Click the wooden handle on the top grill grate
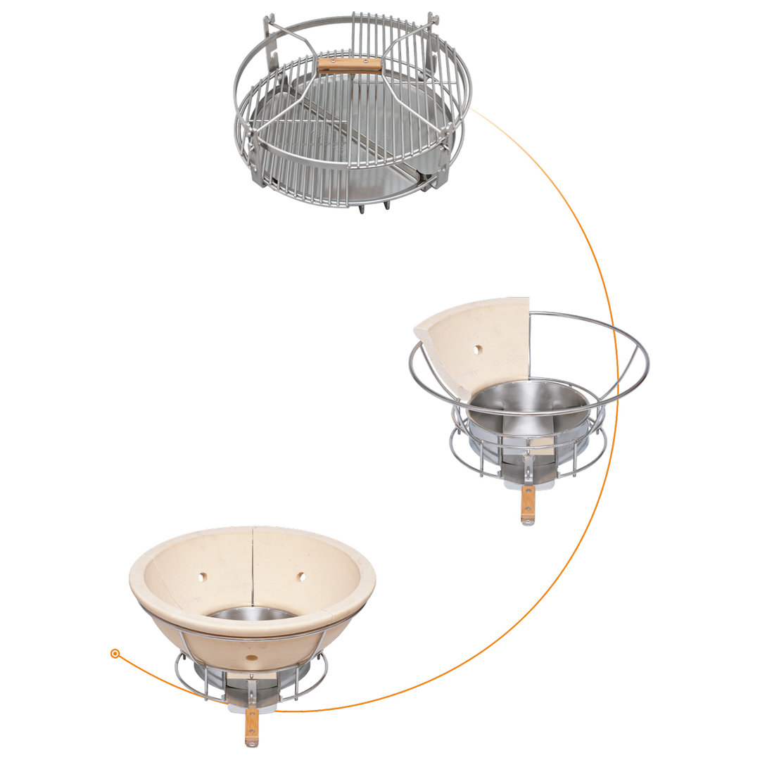tap(349, 65)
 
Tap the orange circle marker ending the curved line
tap(115, 654)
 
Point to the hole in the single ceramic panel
tap(478, 349)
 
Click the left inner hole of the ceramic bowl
tap(203, 576)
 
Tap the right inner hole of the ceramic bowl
tap(300, 576)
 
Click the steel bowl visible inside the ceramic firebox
tap(251, 614)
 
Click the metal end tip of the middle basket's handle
tap(527, 521)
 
